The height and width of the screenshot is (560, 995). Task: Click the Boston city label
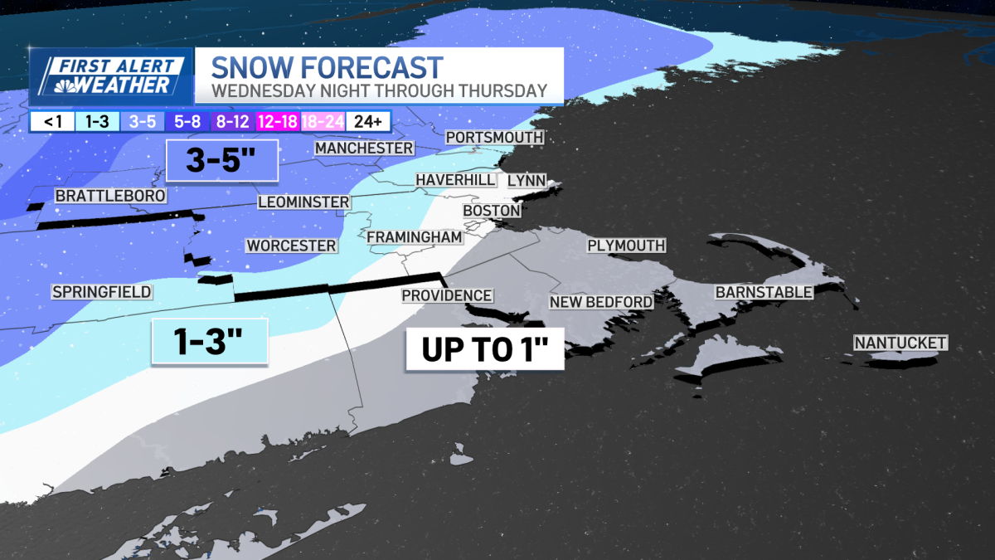click(x=492, y=211)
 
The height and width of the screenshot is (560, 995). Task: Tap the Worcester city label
click(x=291, y=246)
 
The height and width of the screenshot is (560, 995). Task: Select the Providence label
click(x=447, y=295)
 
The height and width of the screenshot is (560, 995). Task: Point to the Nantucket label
click(x=900, y=343)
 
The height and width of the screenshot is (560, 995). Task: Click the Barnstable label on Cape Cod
click(x=764, y=292)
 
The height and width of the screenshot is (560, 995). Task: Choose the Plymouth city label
click(x=626, y=246)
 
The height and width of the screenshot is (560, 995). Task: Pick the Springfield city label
click(x=101, y=292)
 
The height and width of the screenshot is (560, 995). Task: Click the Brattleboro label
click(x=109, y=196)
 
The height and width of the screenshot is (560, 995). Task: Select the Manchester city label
click(x=363, y=148)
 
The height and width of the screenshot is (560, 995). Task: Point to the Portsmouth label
click(x=494, y=137)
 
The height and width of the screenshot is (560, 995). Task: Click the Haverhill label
click(x=455, y=180)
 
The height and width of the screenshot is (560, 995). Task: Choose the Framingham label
click(x=414, y=237)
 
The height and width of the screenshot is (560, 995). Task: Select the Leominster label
click(x=303, y=202)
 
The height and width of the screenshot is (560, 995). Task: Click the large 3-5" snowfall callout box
click(x=221, y=160)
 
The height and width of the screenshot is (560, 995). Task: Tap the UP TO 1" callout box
click(x=484, y=349)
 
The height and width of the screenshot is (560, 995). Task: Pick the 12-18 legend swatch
click(x=278, y=122)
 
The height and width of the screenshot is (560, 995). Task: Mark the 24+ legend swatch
click(x=366, y=122)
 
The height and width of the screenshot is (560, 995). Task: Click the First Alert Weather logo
click(x=111, y=75)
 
